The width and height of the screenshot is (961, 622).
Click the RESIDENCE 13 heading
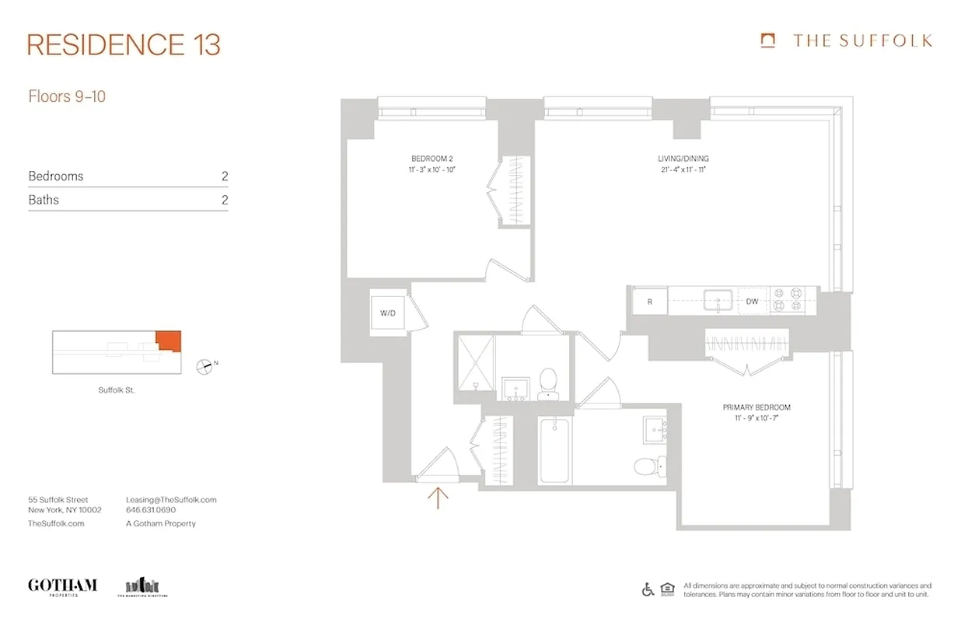tap(124, 44)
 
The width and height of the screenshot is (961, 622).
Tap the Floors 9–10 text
tap(67, 97)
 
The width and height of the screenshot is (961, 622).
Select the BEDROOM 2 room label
tap(432, 159)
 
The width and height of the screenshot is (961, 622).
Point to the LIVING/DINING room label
tap(683, 159)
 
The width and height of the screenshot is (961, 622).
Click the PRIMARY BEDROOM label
tap(756, 407)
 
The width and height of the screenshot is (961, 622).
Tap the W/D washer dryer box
tap(387, 313)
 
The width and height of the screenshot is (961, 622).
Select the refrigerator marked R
tap(649, 302)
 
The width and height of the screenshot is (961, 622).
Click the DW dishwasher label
tap(752, 302)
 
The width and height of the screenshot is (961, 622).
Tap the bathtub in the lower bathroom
tap(554, 450)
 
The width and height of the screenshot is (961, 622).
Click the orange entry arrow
tap(439, 496)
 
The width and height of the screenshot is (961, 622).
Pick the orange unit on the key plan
tap(168, 341)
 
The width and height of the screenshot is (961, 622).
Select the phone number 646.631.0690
tap(151, 511)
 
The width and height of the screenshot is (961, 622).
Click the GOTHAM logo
tap(62, 585)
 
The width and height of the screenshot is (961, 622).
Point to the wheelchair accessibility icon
tap(648, 589)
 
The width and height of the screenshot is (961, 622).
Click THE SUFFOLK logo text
tap(862, 41)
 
